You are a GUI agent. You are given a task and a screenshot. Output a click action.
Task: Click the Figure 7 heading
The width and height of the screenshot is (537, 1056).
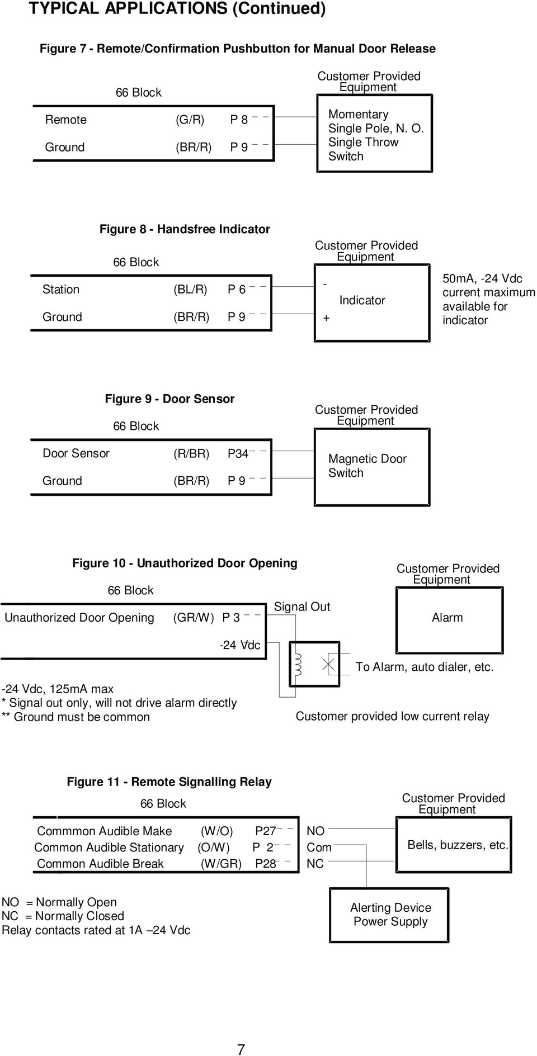click(237, 49)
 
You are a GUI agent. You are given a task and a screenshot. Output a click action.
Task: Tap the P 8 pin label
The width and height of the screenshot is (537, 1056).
click(239, 120)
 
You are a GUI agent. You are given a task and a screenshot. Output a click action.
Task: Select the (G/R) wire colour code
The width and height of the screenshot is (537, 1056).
click(190, 120)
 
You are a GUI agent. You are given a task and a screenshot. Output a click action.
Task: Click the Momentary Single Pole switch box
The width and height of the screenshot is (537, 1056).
click(373, 135)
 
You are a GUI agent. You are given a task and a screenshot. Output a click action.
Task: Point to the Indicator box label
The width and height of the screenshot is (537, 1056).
click(362, 300)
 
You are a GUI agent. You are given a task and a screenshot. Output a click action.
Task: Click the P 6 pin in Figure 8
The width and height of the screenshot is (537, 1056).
click(237, 290)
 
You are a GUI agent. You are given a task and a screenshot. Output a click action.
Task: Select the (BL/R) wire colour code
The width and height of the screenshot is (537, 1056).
click(190, 290)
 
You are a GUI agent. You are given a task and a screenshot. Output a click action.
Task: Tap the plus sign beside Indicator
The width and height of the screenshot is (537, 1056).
click(327, 318)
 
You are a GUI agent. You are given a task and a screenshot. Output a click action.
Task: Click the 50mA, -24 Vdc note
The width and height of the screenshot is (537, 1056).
click(488, 299)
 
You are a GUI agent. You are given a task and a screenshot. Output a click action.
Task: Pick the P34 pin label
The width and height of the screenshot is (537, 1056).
click(238, 454)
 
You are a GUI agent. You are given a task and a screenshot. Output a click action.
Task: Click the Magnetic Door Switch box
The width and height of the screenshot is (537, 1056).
click(371, 466)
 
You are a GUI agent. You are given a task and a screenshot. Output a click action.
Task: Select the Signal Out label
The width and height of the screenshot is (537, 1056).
click(302, 607)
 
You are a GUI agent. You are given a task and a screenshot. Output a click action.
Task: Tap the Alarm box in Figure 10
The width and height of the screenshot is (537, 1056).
click(447, 617)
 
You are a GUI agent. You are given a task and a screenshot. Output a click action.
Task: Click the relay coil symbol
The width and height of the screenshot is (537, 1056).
click(298, 664)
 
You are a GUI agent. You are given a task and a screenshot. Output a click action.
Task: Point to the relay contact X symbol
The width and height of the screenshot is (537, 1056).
click(328, 664)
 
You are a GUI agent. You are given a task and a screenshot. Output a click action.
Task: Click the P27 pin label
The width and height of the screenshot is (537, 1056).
click(265, 831)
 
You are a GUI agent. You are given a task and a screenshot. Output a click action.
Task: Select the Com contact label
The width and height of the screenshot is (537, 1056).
click(319, 847)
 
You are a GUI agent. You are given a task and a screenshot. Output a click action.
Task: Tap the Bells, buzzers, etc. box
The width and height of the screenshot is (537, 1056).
click(457, 845)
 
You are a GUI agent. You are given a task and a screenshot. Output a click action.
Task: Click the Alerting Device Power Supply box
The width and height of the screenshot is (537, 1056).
click(390, 915)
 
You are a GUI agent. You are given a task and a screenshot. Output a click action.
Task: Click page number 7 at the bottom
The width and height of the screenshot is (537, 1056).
click(241, 1049)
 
